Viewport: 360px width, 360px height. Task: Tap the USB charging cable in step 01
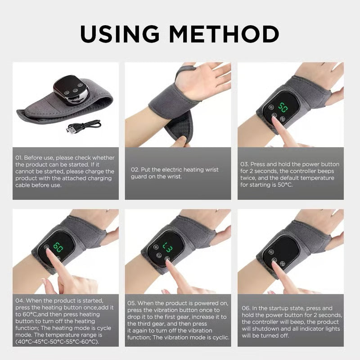(x=83, y=126)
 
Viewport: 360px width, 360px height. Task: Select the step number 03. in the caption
(x=244, y=164)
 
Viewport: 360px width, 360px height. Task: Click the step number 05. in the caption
(x=133, y=303)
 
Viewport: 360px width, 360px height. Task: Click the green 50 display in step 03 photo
(x=283, y=108)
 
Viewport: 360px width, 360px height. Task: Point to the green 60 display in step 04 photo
(x=58, y=247)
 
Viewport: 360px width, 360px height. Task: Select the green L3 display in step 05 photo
(x=167, y=247)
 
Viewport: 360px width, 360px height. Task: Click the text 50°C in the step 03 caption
(x=283, y=185)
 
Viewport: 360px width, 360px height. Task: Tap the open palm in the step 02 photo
(x=205, y=81)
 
